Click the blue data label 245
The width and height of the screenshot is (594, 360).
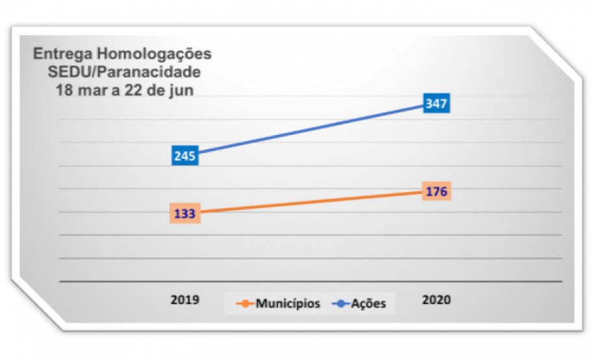tap(185, 156)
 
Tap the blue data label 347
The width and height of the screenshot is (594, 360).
tap(436, 103)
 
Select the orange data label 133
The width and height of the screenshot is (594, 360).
tap(185, 213)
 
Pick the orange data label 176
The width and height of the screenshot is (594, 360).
tap(436, 191)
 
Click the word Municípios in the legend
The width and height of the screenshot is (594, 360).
tap(288, 304)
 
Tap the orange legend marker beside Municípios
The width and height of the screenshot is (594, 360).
tap(245, 304)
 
